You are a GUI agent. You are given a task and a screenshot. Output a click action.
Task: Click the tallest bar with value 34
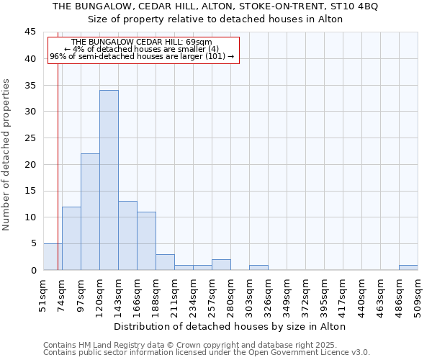[109, 180]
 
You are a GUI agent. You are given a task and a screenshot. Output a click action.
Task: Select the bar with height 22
[90, 212]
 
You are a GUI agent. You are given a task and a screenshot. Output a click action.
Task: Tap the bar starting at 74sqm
[71, 238]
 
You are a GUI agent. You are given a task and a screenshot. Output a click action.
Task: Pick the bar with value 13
[127, 235]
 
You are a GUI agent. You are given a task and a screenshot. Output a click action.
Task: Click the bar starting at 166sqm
[146, 240]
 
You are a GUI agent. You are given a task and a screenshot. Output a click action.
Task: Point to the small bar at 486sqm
[408, 268]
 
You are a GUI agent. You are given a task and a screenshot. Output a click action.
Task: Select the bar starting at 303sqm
[258, 268]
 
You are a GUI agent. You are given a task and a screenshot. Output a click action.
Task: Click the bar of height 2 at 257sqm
[221, 265]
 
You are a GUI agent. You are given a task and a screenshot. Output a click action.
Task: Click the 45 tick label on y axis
[30, 32]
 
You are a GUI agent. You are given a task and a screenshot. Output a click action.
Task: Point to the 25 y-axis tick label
[30, 138]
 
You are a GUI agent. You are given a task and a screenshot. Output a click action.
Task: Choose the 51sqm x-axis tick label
[44, 292]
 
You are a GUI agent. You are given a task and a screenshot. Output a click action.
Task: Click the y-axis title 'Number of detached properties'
[7, 155]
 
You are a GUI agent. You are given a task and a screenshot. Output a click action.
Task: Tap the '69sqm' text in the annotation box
[198, 42]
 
